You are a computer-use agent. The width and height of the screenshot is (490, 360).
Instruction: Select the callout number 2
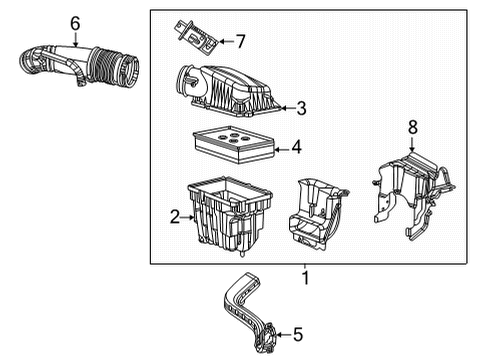[173, 216]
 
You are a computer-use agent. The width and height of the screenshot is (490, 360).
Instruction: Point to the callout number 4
[296, 148]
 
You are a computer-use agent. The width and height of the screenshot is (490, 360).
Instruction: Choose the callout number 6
[75, 21]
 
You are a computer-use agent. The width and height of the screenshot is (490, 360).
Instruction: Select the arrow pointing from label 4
[281, 148]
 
